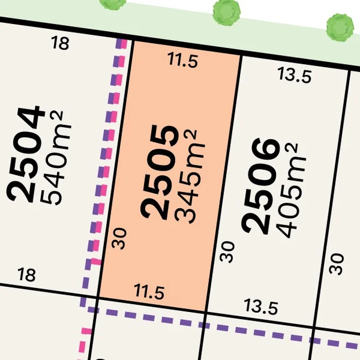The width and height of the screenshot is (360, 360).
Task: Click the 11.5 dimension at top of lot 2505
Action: coord(182,61)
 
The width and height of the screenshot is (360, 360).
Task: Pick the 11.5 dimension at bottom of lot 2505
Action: coord(149,293)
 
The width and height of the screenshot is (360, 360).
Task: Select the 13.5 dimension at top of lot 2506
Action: coord(294,75)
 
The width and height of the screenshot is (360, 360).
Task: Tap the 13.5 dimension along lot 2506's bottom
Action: coord(261,308)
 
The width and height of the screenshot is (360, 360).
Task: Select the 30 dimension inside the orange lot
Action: coord(121,239)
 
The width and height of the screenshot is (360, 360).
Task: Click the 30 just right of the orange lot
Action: coord(229,252)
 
